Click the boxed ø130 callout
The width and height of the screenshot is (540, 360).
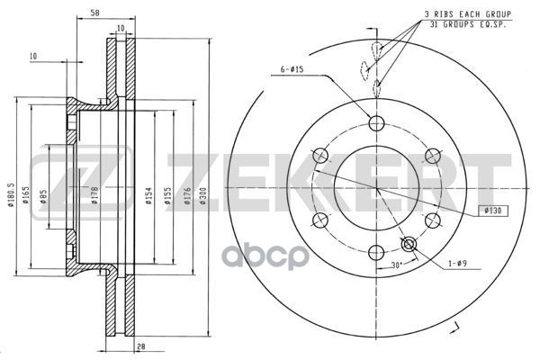pyautogui.click(x=492, y=210)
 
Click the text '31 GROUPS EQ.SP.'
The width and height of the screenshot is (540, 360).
pyautogui.click(x=468, y=25)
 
